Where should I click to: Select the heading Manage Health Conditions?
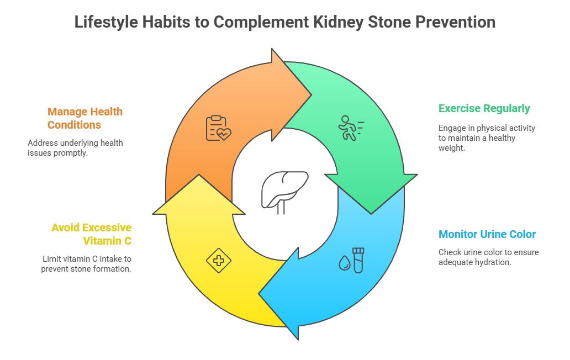[85, 118]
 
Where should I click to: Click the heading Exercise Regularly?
[484, 108]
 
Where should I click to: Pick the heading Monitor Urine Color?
[487, 234]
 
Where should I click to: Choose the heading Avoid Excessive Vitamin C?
[92, 234]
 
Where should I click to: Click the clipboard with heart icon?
[218, 128]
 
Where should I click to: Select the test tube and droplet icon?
[352, 260]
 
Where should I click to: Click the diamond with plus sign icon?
[219, 261]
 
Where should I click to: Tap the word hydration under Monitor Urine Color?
[493, 262]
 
